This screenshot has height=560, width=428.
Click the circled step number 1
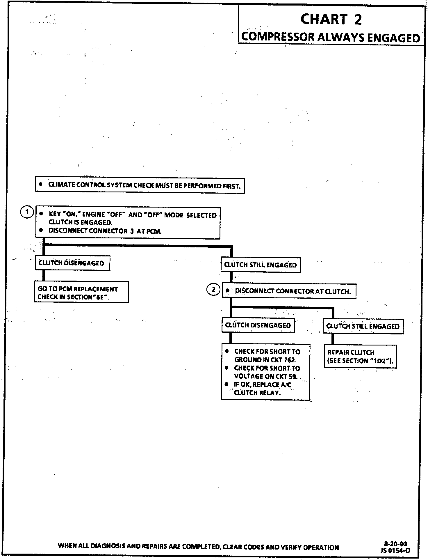27,212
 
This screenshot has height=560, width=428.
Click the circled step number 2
213,290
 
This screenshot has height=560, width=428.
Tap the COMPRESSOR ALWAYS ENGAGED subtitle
331,38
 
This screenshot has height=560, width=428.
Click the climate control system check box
140,185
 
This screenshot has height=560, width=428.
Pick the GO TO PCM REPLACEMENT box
81,292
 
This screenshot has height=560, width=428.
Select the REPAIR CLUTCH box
360,356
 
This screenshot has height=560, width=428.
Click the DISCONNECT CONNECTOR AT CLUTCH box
289,291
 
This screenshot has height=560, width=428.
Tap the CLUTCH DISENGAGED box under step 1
72,263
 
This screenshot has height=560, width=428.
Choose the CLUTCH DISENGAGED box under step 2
258,325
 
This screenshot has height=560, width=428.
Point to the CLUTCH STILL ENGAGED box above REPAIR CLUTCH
363,326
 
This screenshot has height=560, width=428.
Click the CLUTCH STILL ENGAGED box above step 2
261,265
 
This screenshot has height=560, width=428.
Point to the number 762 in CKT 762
290,360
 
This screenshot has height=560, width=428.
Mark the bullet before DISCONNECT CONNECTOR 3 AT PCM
42,230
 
